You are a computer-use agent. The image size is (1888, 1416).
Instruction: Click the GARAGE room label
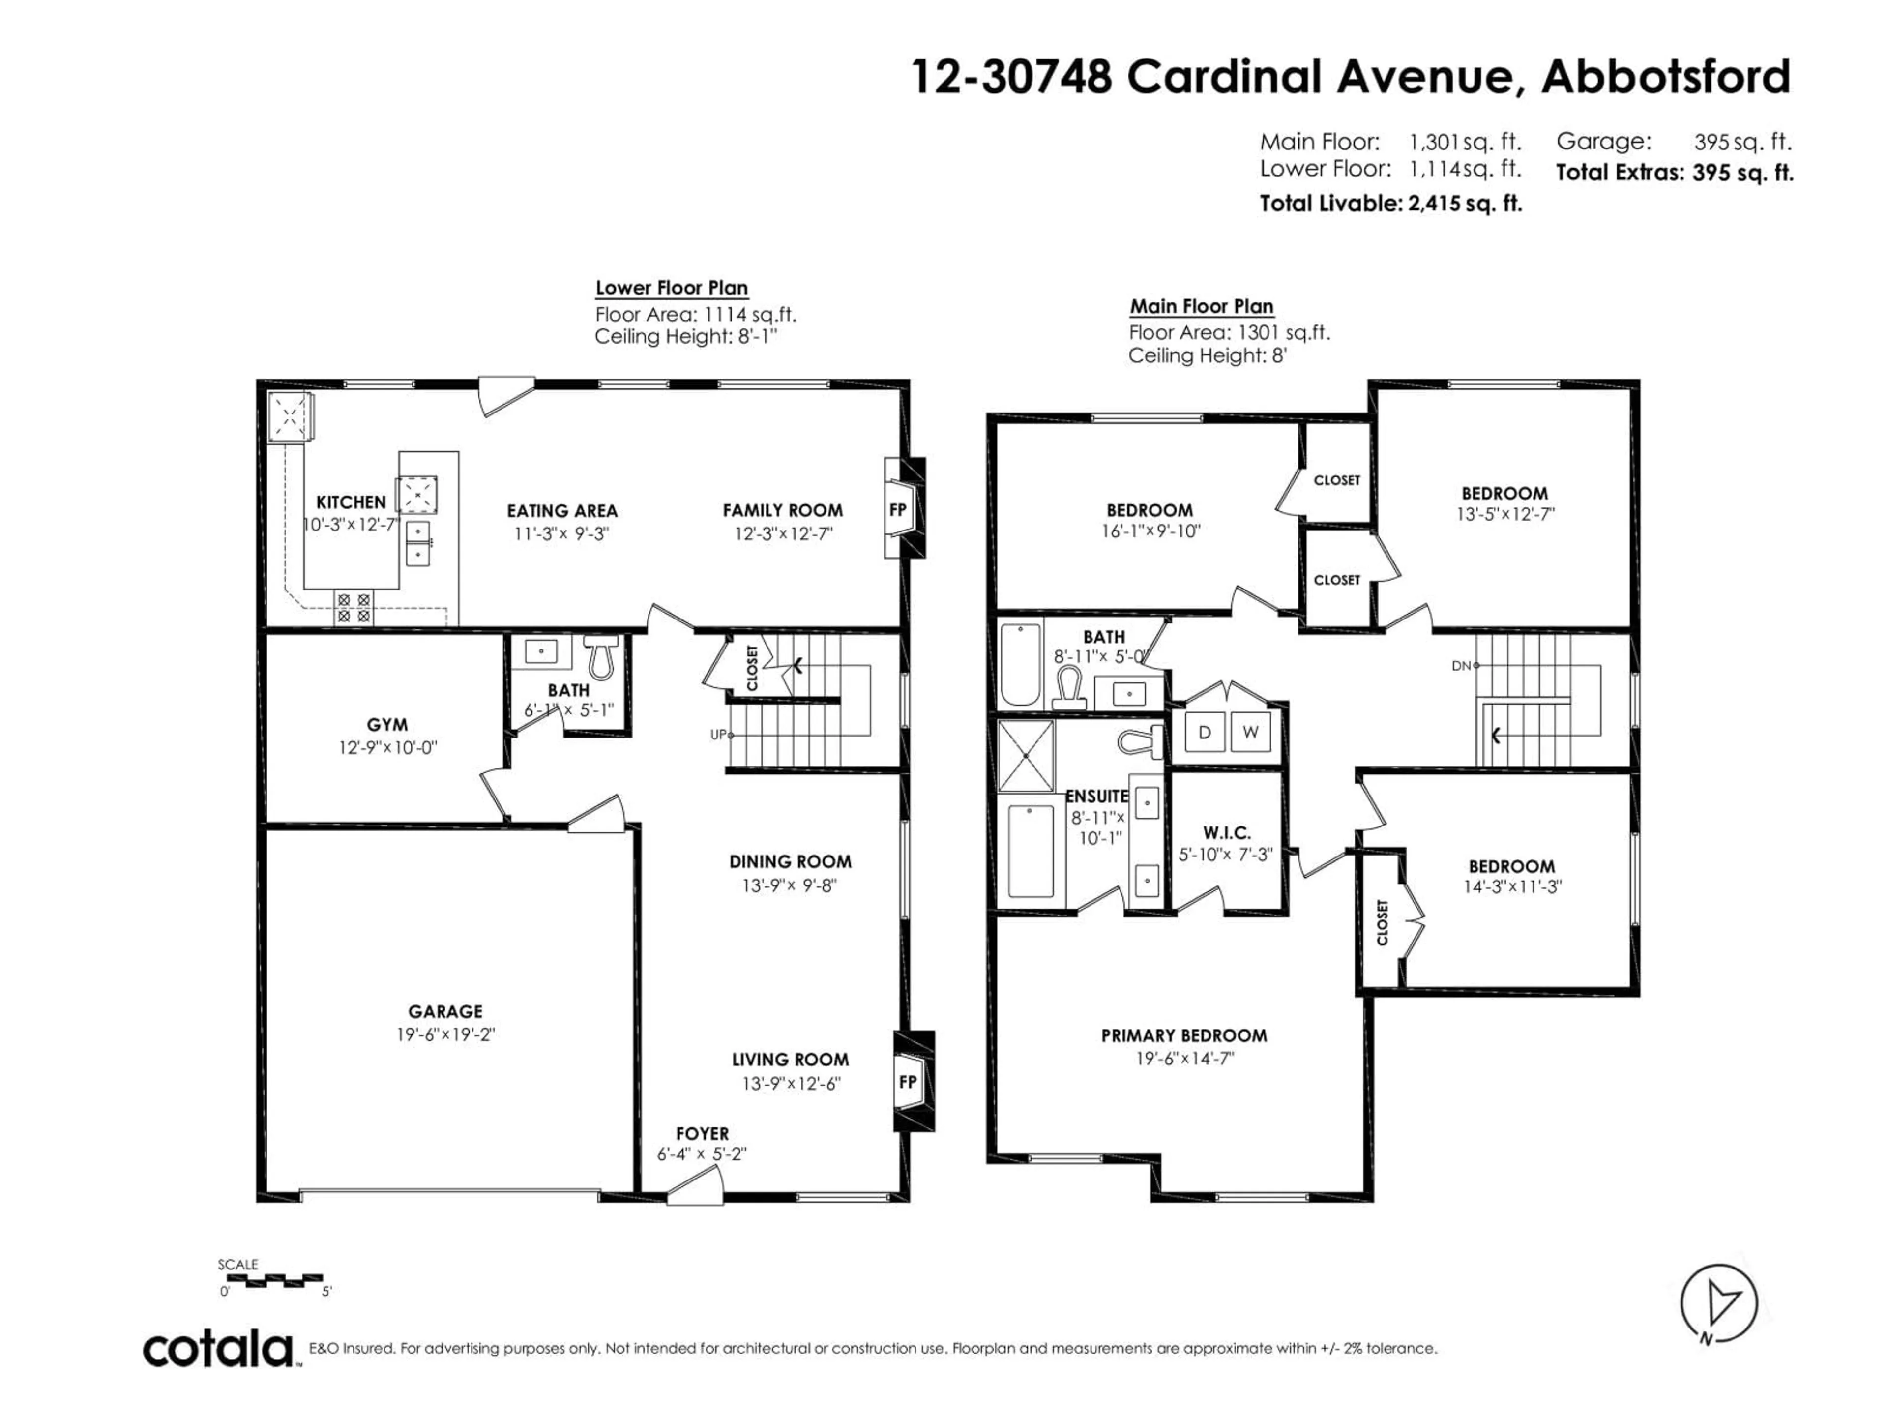pos(444,1011)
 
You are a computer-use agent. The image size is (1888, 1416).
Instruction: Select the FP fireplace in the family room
pos(898,509)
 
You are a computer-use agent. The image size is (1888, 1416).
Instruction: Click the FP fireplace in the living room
pos(907,1081)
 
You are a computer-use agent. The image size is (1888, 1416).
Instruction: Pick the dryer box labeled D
pos(1204,732)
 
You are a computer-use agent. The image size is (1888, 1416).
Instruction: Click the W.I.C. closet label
pos(1227,832)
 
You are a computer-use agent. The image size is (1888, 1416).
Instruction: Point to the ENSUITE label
pos(1097,796)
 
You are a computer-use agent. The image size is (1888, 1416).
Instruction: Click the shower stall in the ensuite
pos(1026,755)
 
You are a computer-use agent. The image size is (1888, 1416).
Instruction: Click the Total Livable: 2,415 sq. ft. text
pos(1390,203)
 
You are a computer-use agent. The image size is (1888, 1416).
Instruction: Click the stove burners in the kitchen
pos(354,607)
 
